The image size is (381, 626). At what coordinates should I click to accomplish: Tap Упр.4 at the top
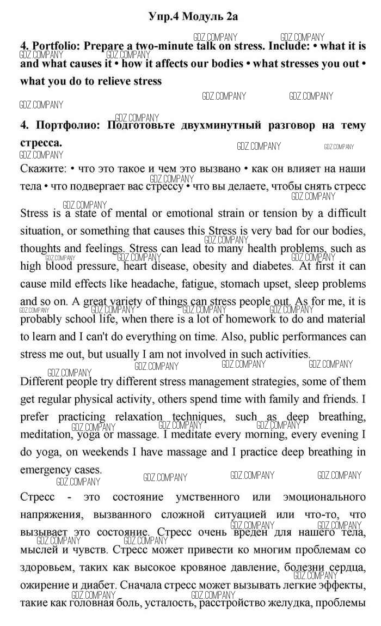point(163,17)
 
